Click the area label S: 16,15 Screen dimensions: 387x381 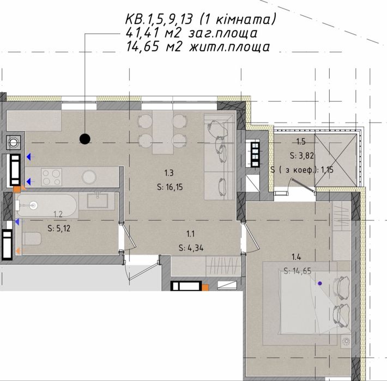pos(170,187)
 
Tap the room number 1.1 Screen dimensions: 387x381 pos(191,233)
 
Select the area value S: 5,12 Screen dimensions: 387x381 pos(59,228)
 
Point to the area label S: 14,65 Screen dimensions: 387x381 pos(298,271)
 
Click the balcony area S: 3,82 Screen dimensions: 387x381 pos(301,156)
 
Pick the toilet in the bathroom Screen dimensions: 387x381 pos(32,238)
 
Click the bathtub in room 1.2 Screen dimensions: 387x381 pos(46,205)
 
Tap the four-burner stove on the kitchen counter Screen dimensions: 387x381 pos(52,177)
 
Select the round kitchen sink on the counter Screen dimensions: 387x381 pos(89,177)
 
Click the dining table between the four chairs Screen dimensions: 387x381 pos(162,132)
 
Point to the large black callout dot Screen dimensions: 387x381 pos(85,139)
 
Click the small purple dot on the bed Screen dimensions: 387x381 pos(320,284)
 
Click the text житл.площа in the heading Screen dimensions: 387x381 pos(229,47)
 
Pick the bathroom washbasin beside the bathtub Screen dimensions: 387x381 pos(97,201)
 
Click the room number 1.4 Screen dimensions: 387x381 pos(297,257)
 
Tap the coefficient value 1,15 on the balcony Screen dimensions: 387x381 pos(327,170)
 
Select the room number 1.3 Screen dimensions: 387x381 pos(169,173)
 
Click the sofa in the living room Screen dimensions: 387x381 pos(219,157)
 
